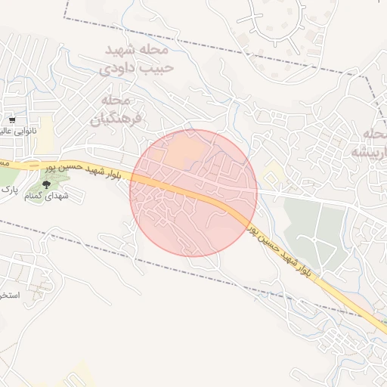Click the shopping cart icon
(12, 120)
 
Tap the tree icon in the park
(47, 184)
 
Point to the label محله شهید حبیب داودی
(137, 58)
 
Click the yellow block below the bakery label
(46, 132)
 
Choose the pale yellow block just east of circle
(274, 176)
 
